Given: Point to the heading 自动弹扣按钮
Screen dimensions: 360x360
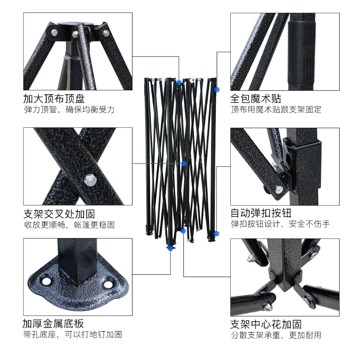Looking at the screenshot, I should pos(261,213).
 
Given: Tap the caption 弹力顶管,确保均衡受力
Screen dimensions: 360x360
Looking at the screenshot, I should pos(69,110).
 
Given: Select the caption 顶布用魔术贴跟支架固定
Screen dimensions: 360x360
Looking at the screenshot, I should pos(276,110).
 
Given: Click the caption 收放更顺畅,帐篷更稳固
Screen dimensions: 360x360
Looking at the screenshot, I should pos(69,225).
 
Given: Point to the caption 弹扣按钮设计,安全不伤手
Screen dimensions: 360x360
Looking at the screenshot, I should pos(280,224).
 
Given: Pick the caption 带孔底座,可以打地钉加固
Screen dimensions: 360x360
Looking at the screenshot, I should pos(72,335).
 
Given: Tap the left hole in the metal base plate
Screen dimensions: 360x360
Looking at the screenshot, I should pos(46,282).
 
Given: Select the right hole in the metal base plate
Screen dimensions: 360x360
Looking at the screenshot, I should pos(108,284).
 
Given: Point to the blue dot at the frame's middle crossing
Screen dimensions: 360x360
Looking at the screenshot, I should pos(184,164).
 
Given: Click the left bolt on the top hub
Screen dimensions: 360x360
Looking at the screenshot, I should pos(54,32).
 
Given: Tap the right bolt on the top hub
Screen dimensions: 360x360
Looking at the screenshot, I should pos(106,33).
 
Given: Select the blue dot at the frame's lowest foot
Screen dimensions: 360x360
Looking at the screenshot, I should pos(169,249).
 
